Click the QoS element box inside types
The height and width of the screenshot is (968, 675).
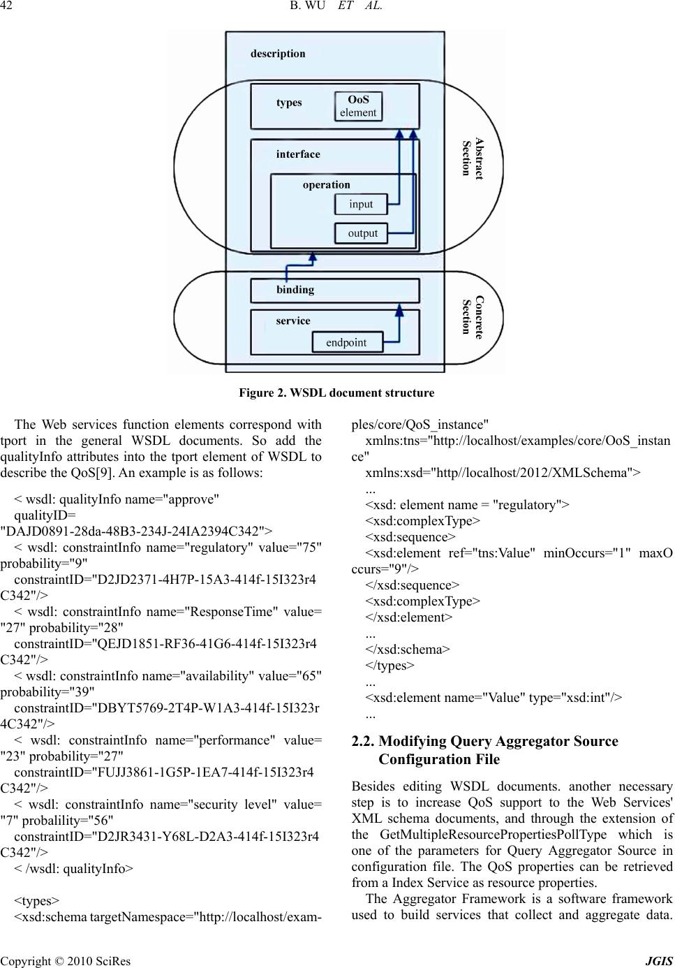tap(358, 106)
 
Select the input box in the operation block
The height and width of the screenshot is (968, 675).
tap(361, 204)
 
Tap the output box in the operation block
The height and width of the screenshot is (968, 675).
tap(362, 233)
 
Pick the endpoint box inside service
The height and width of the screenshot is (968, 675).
tap(346, 342)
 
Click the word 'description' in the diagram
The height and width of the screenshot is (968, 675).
tap(278, 54)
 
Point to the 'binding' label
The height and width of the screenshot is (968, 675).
tap(295, 289)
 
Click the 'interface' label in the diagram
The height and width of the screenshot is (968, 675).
tap(298, 154)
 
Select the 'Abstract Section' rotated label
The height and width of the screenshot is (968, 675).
tap(473, 159)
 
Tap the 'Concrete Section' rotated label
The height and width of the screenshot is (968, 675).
tap(473, 316)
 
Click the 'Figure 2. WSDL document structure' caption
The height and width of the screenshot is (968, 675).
tap(336, 393)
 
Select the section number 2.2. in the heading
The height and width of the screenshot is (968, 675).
tap(364, 741)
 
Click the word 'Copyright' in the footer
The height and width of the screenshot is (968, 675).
tap(26, 962)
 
